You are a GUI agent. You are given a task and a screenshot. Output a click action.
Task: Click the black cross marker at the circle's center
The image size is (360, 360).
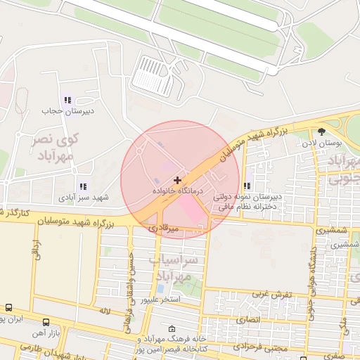(x=177, y=181)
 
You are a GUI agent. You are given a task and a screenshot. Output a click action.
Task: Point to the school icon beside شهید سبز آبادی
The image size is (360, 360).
(x=83, y=186)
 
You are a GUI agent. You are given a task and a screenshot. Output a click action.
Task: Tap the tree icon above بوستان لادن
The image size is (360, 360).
(x=322, y=131)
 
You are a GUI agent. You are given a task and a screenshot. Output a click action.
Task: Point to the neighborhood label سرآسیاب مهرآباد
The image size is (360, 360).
(x=176, y=266)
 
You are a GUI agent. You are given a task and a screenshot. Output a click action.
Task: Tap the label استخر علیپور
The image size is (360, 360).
(x=160, y=300)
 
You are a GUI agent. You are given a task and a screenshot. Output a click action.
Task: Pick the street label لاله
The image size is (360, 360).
(x=105, y=309)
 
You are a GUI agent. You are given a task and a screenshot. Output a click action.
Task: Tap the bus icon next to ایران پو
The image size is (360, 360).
(x=8, y=308)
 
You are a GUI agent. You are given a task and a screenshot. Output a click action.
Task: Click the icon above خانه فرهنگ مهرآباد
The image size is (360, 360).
(x=173, y=328)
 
